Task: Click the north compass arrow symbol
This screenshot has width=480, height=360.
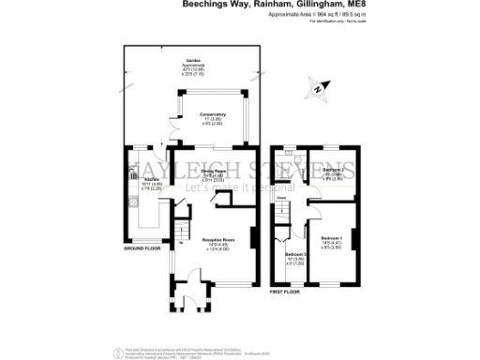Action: [319, 89]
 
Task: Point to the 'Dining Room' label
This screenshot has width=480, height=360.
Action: [213, 171]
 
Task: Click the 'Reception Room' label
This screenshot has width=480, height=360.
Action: [217, 241]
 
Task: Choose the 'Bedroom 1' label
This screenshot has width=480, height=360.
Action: [332, 239]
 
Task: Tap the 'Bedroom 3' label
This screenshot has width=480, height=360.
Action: [295, 255]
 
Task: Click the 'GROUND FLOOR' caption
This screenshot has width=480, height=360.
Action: [143, 248]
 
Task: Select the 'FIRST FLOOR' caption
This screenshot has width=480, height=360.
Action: [287, 292]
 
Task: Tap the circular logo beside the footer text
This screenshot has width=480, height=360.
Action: [117, 352]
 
